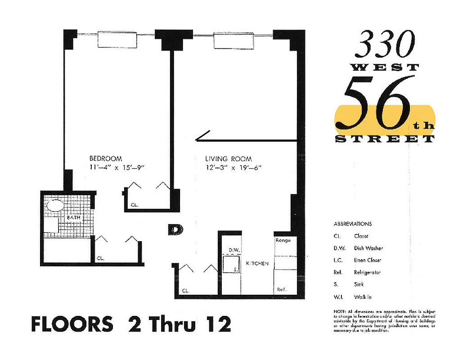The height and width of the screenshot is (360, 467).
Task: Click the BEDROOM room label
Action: pyautogui.click(x=106, y=158)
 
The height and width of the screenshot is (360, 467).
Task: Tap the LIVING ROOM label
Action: pyautogui.click(x=229, y=159)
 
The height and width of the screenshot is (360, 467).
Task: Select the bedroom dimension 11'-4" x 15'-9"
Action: pyautogui.click(x=119, y=168)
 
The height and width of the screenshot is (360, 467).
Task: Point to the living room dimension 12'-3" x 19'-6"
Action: pyautogui.click(x=233, y=168)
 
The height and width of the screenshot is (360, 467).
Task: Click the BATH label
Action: pyautogui.click(x=73, y=218)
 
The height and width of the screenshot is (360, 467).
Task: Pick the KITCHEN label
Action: pyautogui.click(x=257, y=263)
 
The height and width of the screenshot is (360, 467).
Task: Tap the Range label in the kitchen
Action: pyautogui.click(x=283, y=240)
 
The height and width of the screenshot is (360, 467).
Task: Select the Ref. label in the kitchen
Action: pyautogui.click(x=282, y=289)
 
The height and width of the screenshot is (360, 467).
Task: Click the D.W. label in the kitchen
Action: pyautogui.click(x=233, y=250)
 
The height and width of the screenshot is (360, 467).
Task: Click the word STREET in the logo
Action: pyautogui.click(x=385, y=139)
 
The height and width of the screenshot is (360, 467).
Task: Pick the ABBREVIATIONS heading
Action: pyautogui.click(x=353, y=224)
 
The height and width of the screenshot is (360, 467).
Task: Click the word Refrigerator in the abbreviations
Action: pyautogui.click(x=367, y=272)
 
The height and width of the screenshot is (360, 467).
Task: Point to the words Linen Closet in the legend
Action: pyautogui.click(x=368, y=260)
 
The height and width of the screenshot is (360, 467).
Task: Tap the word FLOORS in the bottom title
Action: pyautogui.click(x=72, y=324)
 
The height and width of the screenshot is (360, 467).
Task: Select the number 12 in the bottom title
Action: pyautogui.click(x=216, y=324)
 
